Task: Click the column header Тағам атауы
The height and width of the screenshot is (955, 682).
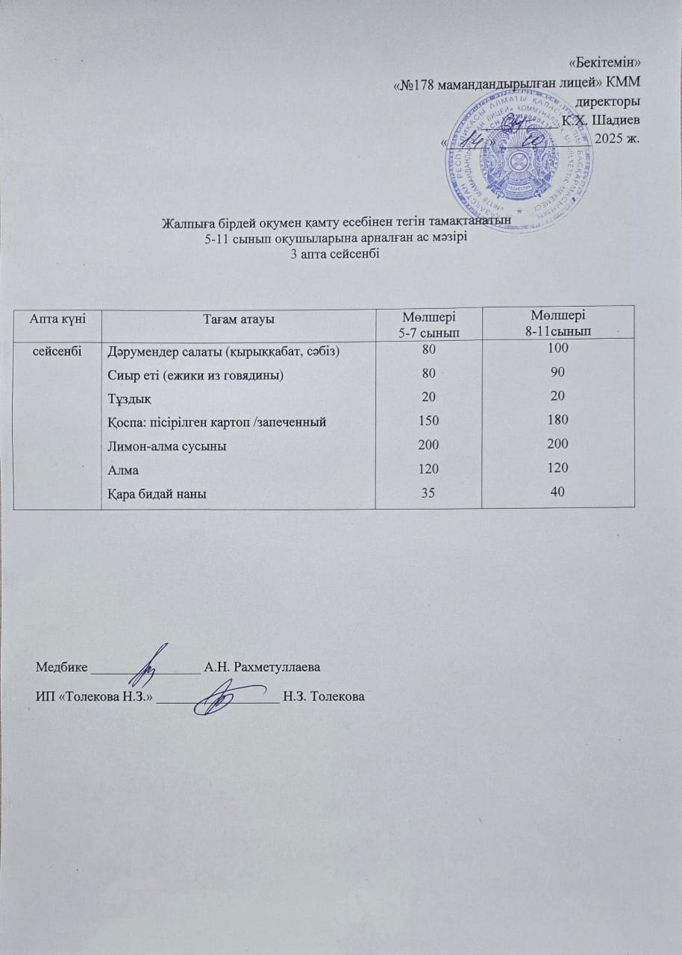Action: [239, 319]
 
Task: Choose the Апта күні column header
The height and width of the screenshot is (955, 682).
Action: [57, 319]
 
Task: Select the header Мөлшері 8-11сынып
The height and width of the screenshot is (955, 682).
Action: [557, 322]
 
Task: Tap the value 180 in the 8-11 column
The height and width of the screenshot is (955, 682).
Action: [557, 421]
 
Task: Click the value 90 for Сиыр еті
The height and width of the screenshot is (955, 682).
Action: [557, 372]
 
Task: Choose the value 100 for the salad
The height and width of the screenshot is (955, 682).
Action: [557, 348]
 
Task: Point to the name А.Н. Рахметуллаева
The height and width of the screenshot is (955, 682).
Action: [261, 666]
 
